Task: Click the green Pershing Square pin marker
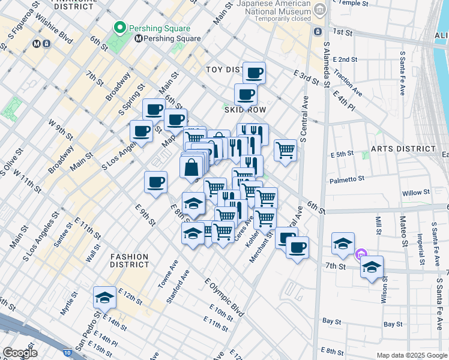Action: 119,28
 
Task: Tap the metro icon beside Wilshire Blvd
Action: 37,43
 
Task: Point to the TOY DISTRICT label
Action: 224,70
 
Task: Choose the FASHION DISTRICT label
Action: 130,260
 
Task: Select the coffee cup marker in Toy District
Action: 254,73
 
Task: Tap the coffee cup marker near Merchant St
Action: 297,247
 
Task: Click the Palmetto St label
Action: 347,179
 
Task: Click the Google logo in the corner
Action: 20,353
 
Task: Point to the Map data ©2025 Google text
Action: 411,355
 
